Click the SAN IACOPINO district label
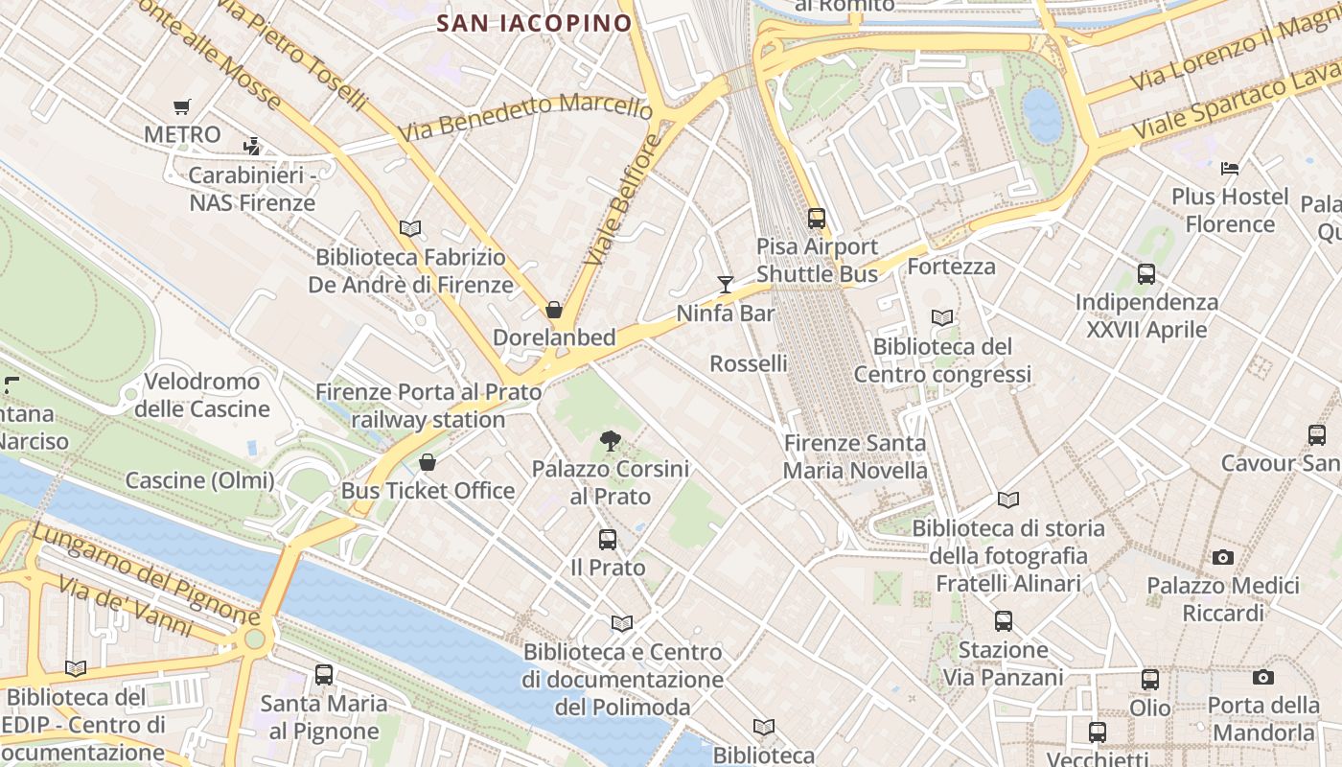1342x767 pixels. tap(534, 23)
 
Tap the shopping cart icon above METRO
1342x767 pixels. tap(182, 106)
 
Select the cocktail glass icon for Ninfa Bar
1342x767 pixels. tap(726, 284)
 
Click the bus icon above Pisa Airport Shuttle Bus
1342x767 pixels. tap(817, 219)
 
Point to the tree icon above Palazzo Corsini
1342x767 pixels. tap(610, 441)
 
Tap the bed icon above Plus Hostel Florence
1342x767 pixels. tap(1230, 169)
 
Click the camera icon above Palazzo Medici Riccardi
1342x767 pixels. tap(1222, 557)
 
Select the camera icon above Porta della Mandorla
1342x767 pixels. tap(1263, 678)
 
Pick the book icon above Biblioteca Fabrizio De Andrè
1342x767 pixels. tap(410, 228)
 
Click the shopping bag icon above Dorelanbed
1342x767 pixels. tap(554, 310)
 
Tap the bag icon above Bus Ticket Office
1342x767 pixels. tap(428, 463)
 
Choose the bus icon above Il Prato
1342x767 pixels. tap(608, 540)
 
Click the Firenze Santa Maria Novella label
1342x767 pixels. tap(855, 456)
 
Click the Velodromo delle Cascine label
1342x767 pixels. tap(202, 395)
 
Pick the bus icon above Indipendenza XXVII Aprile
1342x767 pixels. tap(1146, 274)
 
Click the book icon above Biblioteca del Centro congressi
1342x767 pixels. tap(942, 317)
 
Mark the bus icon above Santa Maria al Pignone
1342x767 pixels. tap(324, 675)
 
